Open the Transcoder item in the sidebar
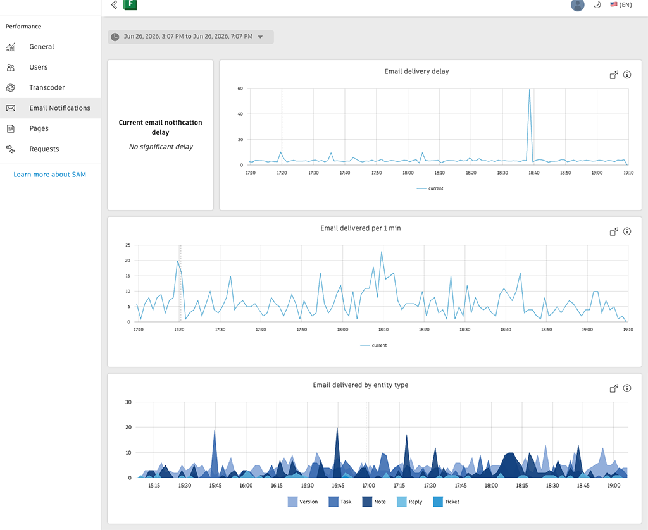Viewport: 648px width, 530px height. click(47, 87)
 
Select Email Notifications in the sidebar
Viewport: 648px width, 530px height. click(59, 108)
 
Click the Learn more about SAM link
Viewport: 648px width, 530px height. click(49, 175)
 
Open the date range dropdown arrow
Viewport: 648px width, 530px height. click(260, 37)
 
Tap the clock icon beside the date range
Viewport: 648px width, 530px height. click(115, 37)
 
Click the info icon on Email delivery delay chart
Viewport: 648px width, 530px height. click(627, 75)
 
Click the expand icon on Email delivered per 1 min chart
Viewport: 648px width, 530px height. click(614, 231)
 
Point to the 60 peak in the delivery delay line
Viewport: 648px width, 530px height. click(530, 89)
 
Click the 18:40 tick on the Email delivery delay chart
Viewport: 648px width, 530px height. click(534, 173)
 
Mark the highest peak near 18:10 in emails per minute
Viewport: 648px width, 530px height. click(382, 252)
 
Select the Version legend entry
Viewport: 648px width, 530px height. click(303, 502)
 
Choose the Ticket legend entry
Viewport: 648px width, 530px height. click(446, 502)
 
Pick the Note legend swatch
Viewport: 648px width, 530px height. click(367, 502)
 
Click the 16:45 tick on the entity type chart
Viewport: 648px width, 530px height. click(338, 485)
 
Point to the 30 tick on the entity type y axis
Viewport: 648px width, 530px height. click(128, 402)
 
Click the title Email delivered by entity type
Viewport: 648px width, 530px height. click(360, 385)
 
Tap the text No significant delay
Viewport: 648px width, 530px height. click(161, 147)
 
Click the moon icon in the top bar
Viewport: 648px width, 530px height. click(597, 5)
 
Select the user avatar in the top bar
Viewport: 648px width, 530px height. click(578, 5)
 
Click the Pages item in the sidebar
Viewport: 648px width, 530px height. click(39, 128)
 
